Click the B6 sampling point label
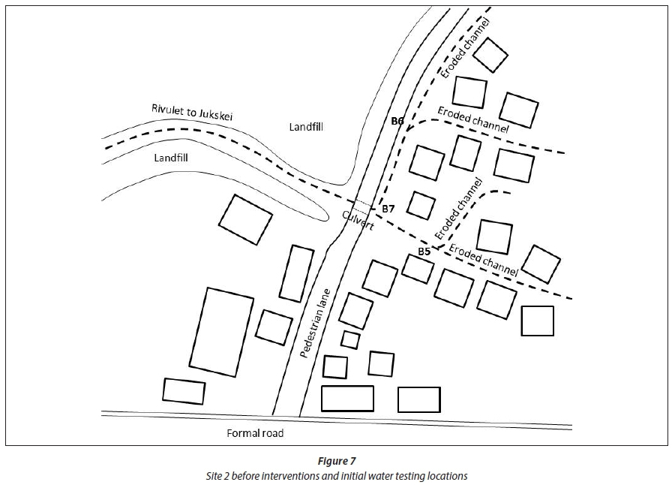[397, 120]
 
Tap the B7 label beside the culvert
[387, 208]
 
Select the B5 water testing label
[424, 251]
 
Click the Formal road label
[256, 433]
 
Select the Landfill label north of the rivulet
[306, 128]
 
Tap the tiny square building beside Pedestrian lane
[350, 339]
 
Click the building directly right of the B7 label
[420, 206]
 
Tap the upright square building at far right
[537, 321]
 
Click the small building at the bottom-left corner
[184, 391]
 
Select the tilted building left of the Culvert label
[245, 220]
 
